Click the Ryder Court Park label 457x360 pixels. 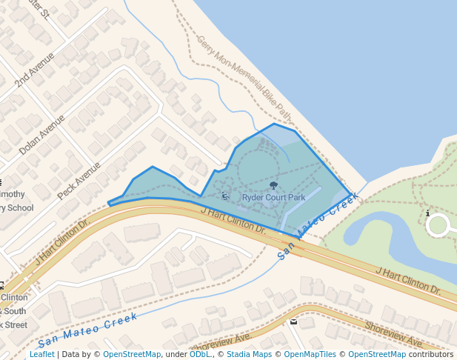pyautogui.click(x=273, y=198)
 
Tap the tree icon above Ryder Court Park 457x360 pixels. pyautogui.click(x=273, y=186)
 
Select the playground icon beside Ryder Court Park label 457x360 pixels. pyautogui.click(x=225, y=196)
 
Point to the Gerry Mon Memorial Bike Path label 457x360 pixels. pyautogui.click(x=244, y=76)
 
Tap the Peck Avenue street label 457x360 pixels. pyautogui.click(x=78, y=180)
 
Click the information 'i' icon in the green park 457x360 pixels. pyautogui.click(x=428, y=213)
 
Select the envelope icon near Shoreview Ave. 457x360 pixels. pyautogui.click(x=293, y=321)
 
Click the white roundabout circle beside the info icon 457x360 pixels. pyautogui.click(x=438, y=225)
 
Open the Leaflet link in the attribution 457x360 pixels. pyautogui.click(x=41, y=354)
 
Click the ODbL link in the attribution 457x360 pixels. pyautogui.click(x=199, y=354)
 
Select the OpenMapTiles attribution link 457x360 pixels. pyautogui.click(x=311, y=354)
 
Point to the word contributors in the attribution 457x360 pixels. pyautogui.click(x=431, y=354)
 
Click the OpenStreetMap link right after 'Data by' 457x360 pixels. pyautogui.click(x=131, y=354)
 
